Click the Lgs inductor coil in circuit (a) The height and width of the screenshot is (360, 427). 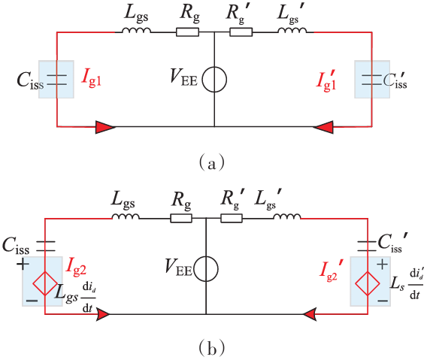pyautogui.click(x=136, y=30)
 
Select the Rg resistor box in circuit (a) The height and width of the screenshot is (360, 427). pyautogui.click(x=187, y=32)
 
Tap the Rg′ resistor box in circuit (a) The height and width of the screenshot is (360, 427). pyautogui.click(x=241, y=32)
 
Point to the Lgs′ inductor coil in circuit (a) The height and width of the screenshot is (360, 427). pyautogui.click(x=292, y=30)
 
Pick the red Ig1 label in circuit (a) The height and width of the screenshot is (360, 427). pyautogui.click(x=92, y=78)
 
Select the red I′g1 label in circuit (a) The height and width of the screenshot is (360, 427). pyautogui.click(x=326, y=80)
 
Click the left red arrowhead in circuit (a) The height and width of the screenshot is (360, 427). pyautogui.click(x=105, y=127)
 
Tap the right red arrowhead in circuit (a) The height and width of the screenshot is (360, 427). pyautogui.click(x=323, y=127)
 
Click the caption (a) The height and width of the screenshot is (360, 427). pyautogui.click(x=212, y=162)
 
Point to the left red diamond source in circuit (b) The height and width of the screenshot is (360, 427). pyautogui.click(x=45, y=283)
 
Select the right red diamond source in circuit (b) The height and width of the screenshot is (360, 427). pyautogui.click(x=368, y=283)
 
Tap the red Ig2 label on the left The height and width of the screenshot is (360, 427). pyautogui.click(x=76, y=267)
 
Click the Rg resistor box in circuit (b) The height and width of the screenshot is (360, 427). pyautogui.click(x=181, y=218)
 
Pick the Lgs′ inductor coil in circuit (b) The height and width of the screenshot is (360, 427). pyautogui.click(x=287, y=216)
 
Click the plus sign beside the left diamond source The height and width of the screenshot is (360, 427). pyautogui.click(x=23, y=264)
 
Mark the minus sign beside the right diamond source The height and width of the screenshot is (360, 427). pyautogui.click(x=383, y=301)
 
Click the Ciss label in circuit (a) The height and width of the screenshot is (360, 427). pyautogui.click(x=30, y=80)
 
